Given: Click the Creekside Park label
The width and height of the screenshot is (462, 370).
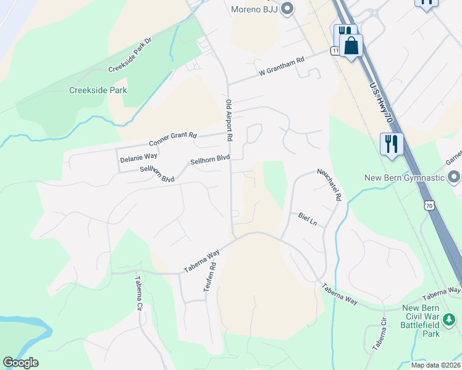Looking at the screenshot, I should click(98, 90).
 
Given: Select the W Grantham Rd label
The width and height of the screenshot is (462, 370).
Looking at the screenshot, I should click(282, 67).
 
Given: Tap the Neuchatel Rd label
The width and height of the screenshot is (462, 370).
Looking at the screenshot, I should click(329, 185).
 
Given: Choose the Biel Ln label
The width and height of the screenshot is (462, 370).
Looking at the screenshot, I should click(307, 219).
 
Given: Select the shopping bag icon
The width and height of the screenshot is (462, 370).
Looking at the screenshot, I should click(351, 46).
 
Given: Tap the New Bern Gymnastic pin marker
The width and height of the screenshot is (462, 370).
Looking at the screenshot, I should click(455, 178).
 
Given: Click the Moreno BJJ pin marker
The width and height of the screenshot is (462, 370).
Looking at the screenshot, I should click(286, 9).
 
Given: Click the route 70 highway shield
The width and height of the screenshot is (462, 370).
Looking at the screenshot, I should click(430, 205).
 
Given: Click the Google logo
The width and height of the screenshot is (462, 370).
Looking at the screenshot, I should click(20, 363).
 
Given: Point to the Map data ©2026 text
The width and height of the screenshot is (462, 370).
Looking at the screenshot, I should click(436, 365).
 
